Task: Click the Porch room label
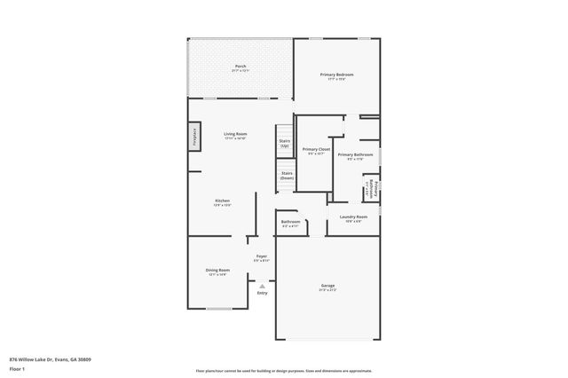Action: click(x=241, y=67)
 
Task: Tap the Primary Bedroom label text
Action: click(x=337, y=75)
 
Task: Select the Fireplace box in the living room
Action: click(x=193, y=138)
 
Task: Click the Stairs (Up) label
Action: click(x=285, y=142)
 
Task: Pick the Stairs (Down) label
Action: click(x=286, y=176)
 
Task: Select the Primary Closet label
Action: click(x=316, y=151)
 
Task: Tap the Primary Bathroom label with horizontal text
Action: click(x=355, y=156)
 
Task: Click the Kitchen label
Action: click(x=222, y=202)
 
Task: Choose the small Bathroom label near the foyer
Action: click(x=290, y=223)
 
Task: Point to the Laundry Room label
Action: click(x=353, y=218)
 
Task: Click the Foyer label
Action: click(x=262, y=257)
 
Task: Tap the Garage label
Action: click(x=328, y=287)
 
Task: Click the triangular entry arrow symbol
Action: click(x=262, y=286)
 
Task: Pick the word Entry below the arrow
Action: click(x=262, y=293)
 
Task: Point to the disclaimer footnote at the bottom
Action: click(x=284, y=370)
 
